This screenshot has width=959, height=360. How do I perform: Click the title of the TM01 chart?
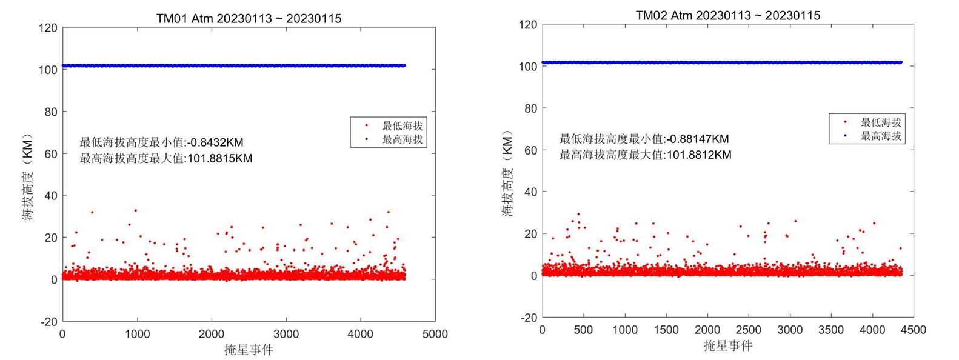249,18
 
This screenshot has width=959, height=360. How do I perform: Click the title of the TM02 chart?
727,15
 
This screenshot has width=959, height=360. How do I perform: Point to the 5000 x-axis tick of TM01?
435,334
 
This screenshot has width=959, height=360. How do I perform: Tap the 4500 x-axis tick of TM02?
913,330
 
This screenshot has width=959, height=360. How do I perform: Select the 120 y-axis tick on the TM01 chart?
48,28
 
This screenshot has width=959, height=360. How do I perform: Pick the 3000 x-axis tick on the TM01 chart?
286,334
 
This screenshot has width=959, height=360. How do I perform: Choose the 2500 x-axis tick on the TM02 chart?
748,330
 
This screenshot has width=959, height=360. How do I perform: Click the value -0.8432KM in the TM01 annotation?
216,143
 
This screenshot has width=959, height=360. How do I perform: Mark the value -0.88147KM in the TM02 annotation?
698,139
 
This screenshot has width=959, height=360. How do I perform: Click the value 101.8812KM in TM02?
699,155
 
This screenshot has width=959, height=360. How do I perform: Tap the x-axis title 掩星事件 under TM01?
249,350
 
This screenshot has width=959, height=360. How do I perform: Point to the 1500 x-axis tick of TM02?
666,330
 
